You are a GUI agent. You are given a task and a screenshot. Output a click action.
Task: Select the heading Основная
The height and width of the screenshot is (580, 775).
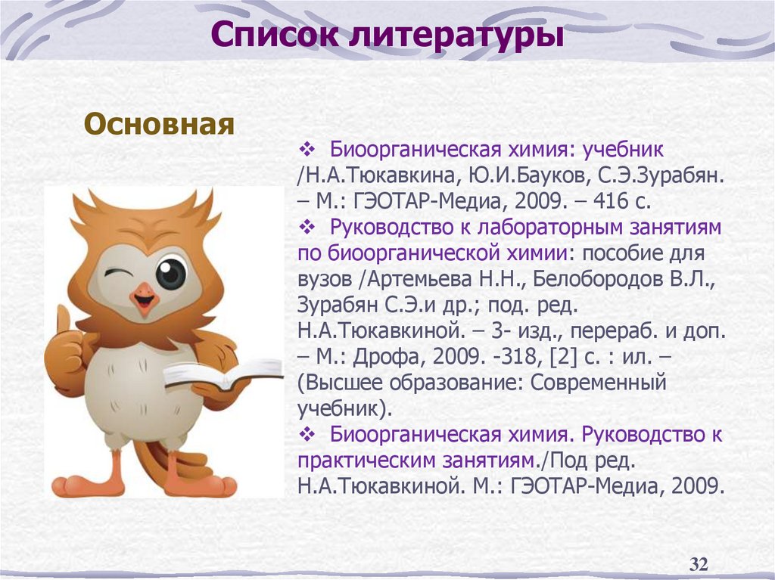pos(158,123)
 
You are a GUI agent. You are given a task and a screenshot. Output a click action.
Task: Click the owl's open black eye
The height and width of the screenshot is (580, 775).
pos(171,273)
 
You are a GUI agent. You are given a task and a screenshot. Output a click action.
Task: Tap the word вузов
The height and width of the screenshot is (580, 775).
pos(324,278)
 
